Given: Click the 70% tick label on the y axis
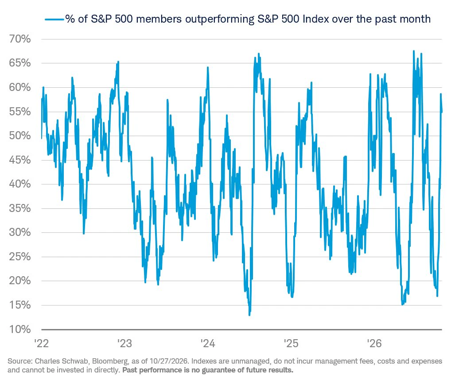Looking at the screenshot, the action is tap(20, 39).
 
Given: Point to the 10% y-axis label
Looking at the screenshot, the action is tap(20, 329).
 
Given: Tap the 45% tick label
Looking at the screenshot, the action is tap(20, 160).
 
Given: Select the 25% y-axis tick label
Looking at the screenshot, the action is tap(20, 257).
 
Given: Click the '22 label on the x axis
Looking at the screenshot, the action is tap(42, 343).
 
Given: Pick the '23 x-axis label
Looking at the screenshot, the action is tap(124, 343).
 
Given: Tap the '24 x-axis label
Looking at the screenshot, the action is tap(208, 343).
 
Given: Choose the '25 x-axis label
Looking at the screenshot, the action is tap(291, 343).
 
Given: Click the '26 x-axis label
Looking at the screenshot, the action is tap(374, 343).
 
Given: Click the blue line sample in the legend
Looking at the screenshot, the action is tap(54, 20).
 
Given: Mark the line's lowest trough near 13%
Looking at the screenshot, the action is tap(249, 315).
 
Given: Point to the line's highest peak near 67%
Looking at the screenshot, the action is tap(414, 51).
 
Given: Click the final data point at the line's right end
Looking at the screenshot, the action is tap(442, 112).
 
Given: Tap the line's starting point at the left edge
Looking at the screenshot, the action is tap(42, 138).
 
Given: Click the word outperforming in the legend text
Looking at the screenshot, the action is tap(220, 19).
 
